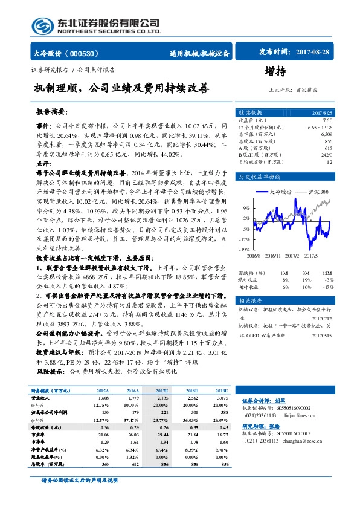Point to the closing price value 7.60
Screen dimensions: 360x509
click(328, 121)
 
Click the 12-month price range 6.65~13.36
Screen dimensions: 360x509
click(320, 128)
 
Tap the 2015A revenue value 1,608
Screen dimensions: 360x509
click(103, 398)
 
